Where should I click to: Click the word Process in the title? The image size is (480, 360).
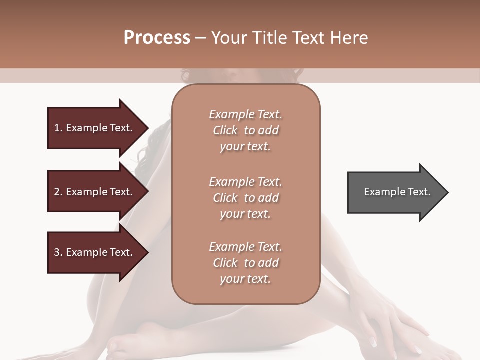pyautogui.click(x=157, y=37)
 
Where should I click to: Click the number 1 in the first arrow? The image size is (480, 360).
pyautogui.click(x=57, y=128)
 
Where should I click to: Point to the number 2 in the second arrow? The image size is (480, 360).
pyautogui.click(x=57, y=192)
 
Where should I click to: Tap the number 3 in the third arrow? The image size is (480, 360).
pyautogui.click(x=57, y=252)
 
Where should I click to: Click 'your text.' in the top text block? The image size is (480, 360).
pyautogui.click(x=245, y=147)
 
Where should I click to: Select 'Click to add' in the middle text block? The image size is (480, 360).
pyautogui.click(x=245, y=198)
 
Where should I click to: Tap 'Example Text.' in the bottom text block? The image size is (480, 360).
pyautogui.click(x=245, y=247)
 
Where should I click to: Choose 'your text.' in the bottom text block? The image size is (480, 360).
pyautogui.click(x=245, y=279)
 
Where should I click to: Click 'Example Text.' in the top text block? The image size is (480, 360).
pyautogui.click(x=245, y=114)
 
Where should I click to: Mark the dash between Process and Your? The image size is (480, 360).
pyautogui.click(x=201, y=38)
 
